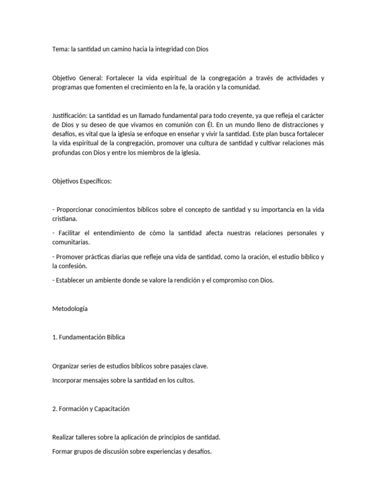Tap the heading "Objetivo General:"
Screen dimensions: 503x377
coord(78,78)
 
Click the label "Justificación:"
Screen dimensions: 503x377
coord(70,115)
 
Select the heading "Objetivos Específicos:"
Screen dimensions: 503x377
coord(82,181)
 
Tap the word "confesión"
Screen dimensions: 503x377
coord(74,266)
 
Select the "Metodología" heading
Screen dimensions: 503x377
coord(70,308)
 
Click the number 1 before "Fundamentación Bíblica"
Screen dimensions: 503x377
coord(54,337)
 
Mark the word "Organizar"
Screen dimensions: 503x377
coord(67,366)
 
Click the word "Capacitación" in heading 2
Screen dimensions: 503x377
coord(110,409)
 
